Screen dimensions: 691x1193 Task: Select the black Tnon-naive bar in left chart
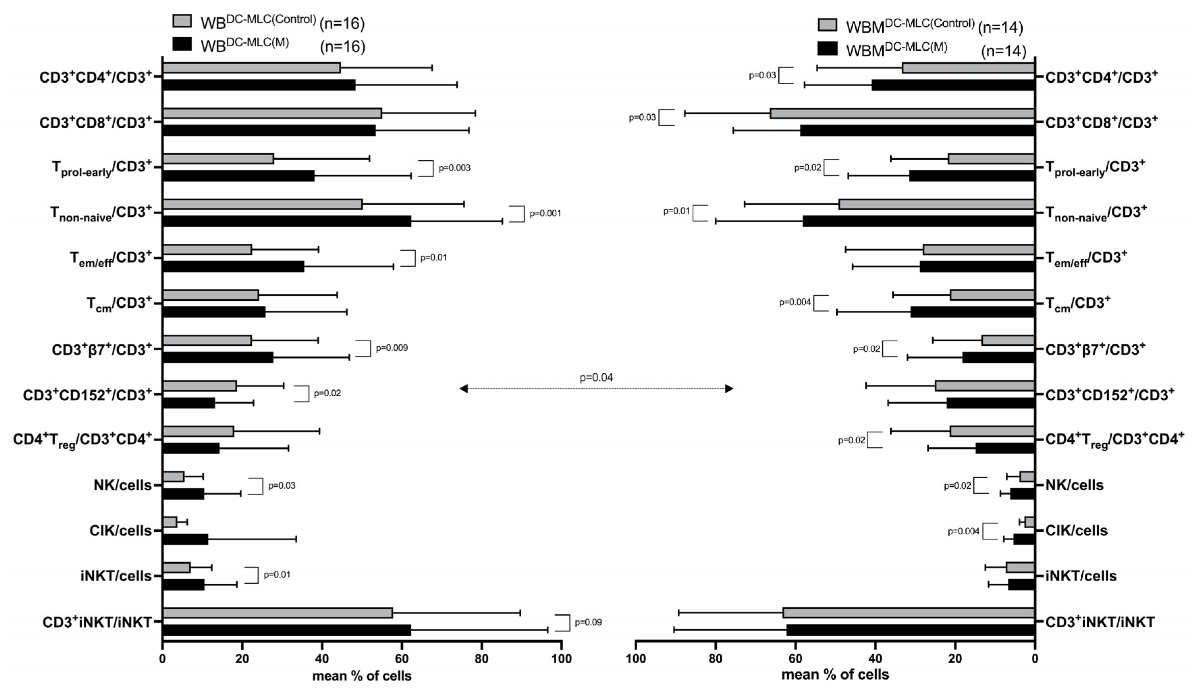pyautogui.click(x=286, y=221)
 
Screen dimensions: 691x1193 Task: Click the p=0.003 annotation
pyautogui.click(x=454, y=168)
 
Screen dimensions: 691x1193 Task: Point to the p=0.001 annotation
pyautogui.click(x=545, y=213)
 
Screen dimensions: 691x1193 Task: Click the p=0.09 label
pyautogui.click(x=588, y=622)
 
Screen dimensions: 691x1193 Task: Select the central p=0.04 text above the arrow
pyautogui.click(x=596, y=377)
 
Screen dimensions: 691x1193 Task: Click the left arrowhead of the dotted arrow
pyautogui.click(x=464, y=389)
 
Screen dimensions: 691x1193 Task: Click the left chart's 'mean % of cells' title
pyautogui.click(x=362, y=676)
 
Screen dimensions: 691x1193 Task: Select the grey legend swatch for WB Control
pyautogui.click(x=182, y=21)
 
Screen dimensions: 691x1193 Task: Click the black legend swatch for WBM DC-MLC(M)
pyautogui.click(x=827, y=49)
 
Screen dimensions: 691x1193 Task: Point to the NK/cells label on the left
pyautogui.click(x=122, y=485)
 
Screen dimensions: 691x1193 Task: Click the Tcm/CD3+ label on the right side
pyautogui.click(x=1078, y=303)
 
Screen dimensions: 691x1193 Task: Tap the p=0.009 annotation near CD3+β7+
pyautogui.click(x=391, y=348)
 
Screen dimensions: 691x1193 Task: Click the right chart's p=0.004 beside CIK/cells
pyautogui.click(x=963, y=531)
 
